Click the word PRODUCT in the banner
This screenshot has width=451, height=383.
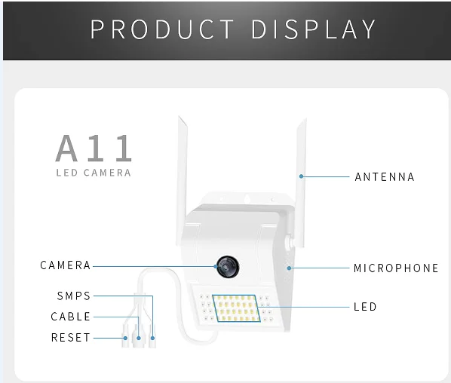coord(162,29)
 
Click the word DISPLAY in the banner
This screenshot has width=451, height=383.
coord(314,29)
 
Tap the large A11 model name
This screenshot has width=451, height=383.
coord(94,148)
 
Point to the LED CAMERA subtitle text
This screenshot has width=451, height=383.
coord(94,173)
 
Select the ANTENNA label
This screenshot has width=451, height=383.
coord(385,177)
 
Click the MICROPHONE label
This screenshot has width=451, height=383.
coord(396,268)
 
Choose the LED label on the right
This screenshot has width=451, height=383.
coord(365,307)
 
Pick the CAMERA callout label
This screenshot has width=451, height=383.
coord(66,265)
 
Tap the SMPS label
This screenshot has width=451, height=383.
coord(74,296)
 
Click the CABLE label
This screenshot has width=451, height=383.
coord(71,317)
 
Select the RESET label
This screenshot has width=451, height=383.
coord(71,338)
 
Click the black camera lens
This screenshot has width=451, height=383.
coord(228,267)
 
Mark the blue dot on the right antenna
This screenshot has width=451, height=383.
coord(301,176)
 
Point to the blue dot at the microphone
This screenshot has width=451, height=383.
coord(290,268)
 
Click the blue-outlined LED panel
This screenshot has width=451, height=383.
coord(236,308)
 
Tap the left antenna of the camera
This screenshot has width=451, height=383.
coord(182,181)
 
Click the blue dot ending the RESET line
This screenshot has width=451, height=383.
coord(125,339)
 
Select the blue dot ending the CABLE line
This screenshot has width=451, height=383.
coord(139,339)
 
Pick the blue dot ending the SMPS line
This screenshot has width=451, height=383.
coord(152,339)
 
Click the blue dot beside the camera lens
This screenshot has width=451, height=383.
coord(216,267)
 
